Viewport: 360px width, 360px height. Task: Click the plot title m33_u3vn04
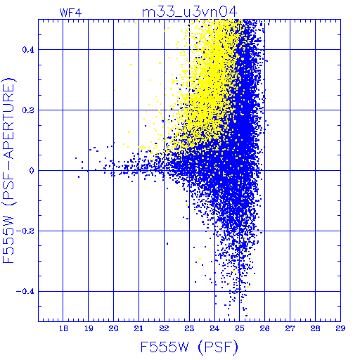pos(190,12)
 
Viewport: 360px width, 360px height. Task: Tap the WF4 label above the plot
pos(71,13)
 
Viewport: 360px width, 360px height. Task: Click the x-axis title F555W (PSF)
pos(189,347)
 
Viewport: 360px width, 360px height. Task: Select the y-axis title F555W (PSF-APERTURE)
pos(8,170)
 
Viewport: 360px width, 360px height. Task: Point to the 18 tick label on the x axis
pos(63,328)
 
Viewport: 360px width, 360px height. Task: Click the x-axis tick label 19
pos(89,328)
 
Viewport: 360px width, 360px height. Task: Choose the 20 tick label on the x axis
pos(113,328)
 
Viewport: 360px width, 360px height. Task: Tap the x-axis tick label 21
pos(139,328)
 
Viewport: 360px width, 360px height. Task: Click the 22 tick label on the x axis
pos(164,328)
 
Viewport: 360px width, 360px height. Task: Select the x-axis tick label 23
pos(189,328)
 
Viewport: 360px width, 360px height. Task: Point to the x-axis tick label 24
pos(214,328)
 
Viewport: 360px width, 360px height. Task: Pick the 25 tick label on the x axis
pos(240,328)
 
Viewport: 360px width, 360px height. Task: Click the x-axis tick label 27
pos(290,328)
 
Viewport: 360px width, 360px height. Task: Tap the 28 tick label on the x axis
pos(315,328)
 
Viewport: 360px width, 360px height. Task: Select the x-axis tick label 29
pos(340,328)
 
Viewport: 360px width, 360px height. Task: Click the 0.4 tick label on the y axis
pos(28,50)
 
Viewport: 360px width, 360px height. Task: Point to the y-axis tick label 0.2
pos(28,110)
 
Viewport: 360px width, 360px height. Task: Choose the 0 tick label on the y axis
pos(32,171)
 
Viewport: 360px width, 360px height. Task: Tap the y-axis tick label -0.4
pos(25,292)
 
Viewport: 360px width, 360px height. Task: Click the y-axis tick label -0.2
pos(25,231)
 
